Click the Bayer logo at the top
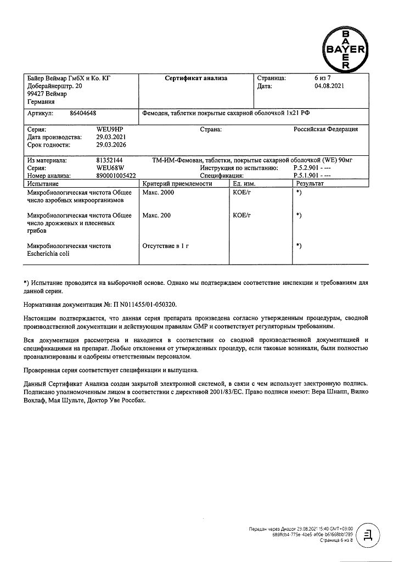coord(345,49)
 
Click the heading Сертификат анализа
coord(196,78)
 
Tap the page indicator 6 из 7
coord(319,78)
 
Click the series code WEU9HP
coord(109,130)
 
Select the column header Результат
coord(310,183)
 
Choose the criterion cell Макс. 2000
coord(158,193)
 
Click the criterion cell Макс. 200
coord(156,216)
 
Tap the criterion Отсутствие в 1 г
coord(165,246)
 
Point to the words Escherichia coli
coord(50,254)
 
